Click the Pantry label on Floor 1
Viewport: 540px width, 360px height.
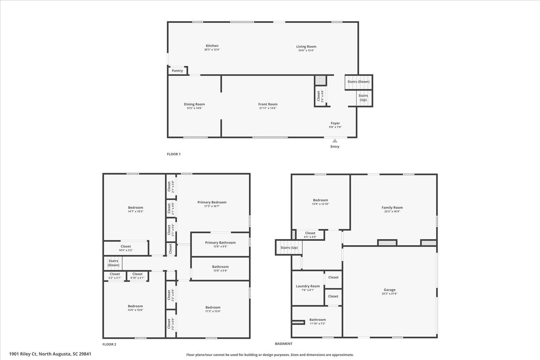[177, 71]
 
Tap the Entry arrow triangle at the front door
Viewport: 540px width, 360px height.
[335, 141]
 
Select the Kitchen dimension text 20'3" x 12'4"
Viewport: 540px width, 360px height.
[212, 50]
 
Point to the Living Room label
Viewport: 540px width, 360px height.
[306, 47]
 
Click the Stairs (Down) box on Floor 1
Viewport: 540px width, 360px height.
[358, 82]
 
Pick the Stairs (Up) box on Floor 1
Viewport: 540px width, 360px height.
[363, 98]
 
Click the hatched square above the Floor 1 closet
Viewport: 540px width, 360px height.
[320, 81]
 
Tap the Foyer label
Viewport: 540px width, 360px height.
[335, 123]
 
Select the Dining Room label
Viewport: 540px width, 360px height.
[194, 104]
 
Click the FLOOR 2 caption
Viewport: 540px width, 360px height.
[109, 344]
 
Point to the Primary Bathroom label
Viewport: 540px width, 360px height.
[220, 243]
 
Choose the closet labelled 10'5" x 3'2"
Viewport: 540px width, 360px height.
[126, 248]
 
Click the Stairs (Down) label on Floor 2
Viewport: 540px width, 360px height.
[113, 263]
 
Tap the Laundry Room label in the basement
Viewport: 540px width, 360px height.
[308, 286]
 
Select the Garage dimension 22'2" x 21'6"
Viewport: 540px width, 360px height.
[389, 294]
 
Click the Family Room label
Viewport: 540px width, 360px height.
[392, 207]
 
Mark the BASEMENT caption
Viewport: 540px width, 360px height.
[283, 344]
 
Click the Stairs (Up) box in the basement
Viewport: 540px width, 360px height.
[289, 248]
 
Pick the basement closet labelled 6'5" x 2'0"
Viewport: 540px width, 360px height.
[310, 235]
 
